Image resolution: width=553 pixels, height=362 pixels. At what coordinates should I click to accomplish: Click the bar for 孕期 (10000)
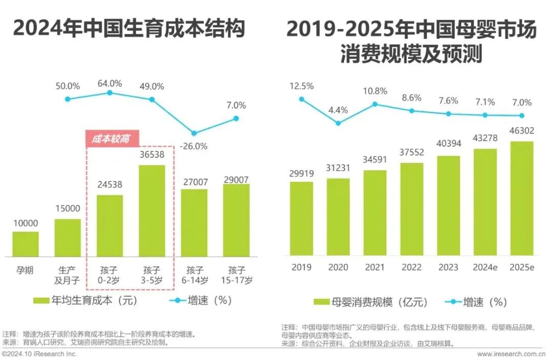tap(26, 244)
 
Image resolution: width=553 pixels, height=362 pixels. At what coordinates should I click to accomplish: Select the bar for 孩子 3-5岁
tap(152, 211)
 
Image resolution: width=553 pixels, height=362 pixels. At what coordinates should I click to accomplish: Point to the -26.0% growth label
tap(194, 146)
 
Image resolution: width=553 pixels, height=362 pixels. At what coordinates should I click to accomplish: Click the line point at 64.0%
tap(110, 93)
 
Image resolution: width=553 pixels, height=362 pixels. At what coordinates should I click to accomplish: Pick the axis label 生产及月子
tap(68, 275)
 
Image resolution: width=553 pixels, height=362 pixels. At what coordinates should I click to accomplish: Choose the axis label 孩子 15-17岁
tap(236, 275)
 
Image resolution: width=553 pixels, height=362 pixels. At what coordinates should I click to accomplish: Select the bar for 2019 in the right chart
tap(302, 218)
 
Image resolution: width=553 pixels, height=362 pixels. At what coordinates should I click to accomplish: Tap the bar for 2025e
tap(522, 198)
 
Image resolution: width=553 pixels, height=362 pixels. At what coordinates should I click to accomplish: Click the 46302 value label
tap(522, 131)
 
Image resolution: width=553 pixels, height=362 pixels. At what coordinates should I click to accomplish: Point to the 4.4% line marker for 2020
tap(338, 123)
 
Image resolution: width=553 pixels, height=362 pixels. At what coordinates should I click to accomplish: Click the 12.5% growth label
tap(302, 86)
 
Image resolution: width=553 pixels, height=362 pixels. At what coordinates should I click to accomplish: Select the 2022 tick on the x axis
tap(412, 267)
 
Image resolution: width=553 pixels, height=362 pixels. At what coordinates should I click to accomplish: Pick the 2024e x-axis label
tap(485, 267)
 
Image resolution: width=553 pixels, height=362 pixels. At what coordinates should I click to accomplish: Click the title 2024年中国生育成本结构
tap(129, 29)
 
